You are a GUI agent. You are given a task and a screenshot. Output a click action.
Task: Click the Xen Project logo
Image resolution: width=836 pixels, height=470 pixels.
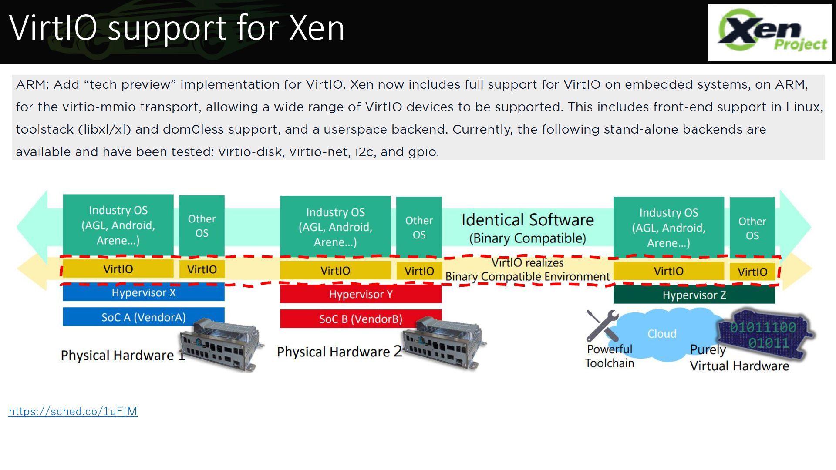click(770, 33)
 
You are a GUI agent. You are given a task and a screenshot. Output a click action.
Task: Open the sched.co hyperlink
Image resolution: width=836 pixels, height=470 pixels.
click(73, 411)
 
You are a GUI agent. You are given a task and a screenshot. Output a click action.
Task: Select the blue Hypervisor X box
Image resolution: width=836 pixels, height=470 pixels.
click(144, 292)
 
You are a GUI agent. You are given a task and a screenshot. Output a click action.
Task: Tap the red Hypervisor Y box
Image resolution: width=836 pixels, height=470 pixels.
click(361, 295)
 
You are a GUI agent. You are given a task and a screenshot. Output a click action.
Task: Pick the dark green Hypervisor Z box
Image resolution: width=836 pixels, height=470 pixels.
click(694, 295)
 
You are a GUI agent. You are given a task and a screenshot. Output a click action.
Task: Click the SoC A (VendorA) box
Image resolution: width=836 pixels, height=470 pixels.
click(144, 317)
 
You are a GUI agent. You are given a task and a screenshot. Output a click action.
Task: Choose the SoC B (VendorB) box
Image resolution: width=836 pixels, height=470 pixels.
click(361, 319)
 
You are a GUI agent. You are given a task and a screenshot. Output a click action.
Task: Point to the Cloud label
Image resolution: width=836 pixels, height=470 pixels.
click(662, 334)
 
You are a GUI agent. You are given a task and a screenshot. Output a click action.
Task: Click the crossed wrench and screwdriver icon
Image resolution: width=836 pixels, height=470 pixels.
click(602, 326)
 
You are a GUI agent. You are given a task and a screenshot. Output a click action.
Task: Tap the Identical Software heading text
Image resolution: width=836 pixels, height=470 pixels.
click(527, 220)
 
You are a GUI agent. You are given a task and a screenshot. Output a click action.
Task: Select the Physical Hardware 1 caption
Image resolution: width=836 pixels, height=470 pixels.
click(123, 356)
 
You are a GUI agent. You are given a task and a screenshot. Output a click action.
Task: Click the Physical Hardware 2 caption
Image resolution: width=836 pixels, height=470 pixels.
click(340, 352)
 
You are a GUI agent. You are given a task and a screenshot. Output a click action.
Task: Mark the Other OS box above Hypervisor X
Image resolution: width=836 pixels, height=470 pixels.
click(202, 225)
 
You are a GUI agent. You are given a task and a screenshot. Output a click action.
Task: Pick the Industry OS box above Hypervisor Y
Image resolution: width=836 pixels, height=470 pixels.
click(335, 227)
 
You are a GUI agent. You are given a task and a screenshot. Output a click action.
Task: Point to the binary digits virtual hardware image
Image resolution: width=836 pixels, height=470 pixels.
click(765, 334)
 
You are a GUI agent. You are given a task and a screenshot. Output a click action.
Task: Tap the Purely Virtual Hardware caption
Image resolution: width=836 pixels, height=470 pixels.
click(739, 358)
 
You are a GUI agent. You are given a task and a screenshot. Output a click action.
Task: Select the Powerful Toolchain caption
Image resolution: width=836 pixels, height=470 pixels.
click(610, 356)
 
